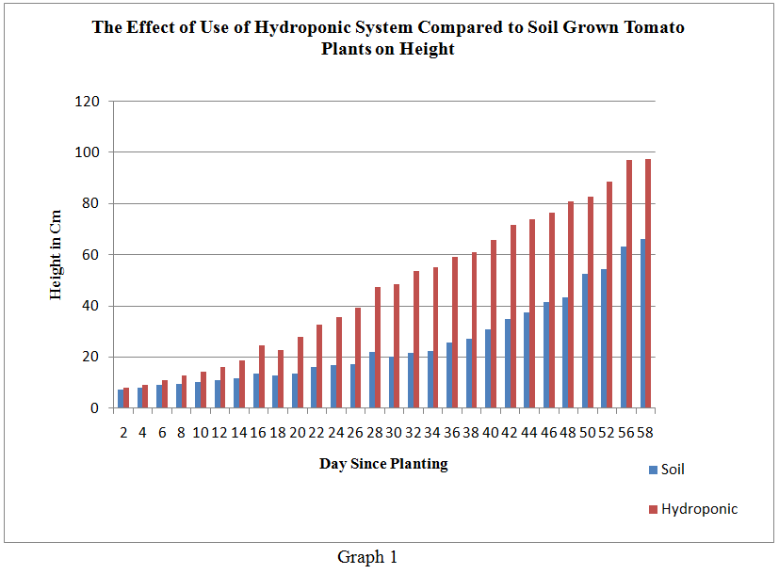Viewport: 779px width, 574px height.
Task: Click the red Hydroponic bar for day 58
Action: click(x=648, y=283)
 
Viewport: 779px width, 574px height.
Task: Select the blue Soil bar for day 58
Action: click(x=642, y=324)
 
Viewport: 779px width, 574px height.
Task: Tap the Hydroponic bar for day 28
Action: click(x=378, y=347)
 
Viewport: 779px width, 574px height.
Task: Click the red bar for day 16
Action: click(x=262, y=376)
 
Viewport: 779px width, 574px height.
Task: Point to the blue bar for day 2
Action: click(x=121, y=399)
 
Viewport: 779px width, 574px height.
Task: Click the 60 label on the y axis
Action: click(x=95, y=254)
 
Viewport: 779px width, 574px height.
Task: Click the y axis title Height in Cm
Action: click(x=57, y=254)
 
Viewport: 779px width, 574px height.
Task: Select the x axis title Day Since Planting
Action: click(x=383, y=463)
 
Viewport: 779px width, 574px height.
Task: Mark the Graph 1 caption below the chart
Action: click(x=367, y=557)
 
